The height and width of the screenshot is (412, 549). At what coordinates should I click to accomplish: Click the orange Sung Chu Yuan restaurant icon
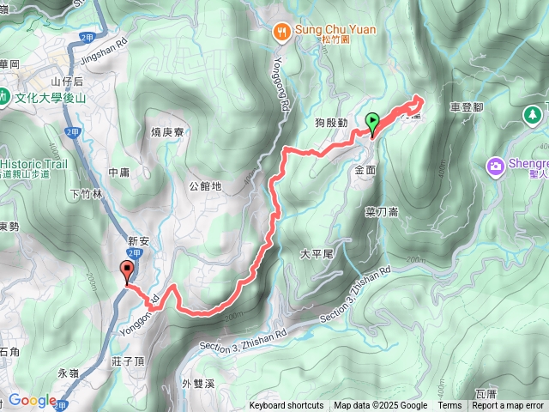281,31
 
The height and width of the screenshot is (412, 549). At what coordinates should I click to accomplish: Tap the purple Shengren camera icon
495,165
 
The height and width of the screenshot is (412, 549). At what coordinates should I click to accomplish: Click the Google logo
32,401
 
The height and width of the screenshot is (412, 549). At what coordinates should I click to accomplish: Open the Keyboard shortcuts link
287,406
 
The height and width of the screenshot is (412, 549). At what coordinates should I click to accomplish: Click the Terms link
449,406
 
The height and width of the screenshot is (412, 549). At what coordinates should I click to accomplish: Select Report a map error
508,406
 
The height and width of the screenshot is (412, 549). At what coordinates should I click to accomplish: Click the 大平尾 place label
316,255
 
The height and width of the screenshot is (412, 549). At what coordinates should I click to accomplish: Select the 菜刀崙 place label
381,211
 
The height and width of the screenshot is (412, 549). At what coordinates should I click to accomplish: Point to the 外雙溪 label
198,383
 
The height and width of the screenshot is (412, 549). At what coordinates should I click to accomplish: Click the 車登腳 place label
467,108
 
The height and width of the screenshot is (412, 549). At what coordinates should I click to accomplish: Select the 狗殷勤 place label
330,123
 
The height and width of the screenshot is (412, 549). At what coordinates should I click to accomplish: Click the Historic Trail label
34,163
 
